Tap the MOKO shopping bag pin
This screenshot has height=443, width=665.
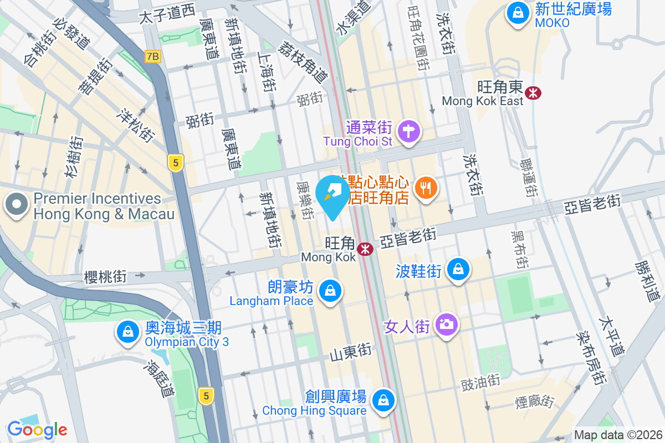pyautogui.click(x=518, y=14)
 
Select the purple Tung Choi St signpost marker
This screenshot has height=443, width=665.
pyautogui.click(x=410, y=132)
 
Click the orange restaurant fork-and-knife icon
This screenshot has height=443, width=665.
pyautogui.click(x=426, y=188)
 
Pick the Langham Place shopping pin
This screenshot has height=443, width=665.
pyautogui.click(x=330, y=290)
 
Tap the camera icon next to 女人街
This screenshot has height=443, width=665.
pyautogui.click(x=446, y=324)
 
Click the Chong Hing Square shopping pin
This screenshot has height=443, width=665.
pyautogui.click(x=382, y=399)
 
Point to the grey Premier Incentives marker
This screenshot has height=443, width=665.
pyautogui.click(x=17, y=205)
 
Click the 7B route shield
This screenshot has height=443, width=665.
pyautogui.click(x=153, y=56)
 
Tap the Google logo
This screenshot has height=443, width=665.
pyautogui.click(x=37, y=429)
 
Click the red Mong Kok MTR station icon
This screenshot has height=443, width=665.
pyautogui.click(x=365, y=249)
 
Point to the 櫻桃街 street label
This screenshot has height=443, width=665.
pyautogui.click(x=105, y=276)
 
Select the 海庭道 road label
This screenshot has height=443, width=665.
pyautogui.click(x=160, y=379)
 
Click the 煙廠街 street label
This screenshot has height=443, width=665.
pyautogui.click(x=534, y=400)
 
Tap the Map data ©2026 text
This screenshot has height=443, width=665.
pyautogui.click(x=618, y=435)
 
